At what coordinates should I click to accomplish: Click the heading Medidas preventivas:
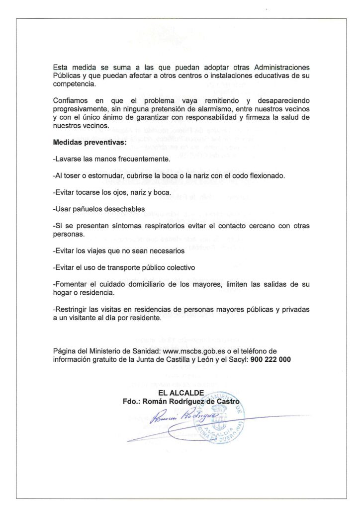click(90, 143)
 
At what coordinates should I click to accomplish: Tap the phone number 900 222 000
click(271, 359)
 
